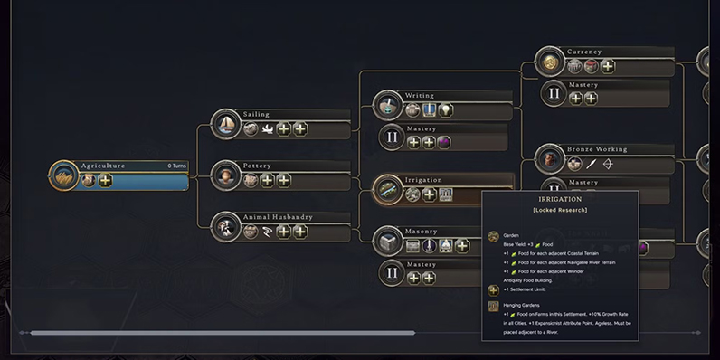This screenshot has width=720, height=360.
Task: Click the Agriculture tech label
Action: tap(103, 166)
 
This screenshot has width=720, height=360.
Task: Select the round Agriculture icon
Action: tap(63, 175)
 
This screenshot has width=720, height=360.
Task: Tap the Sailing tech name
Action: tap(257, 115)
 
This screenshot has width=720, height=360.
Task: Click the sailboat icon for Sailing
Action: tap(226, 124)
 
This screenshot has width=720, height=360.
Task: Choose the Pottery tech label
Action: tap(258, 166)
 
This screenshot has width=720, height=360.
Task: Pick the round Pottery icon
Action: tap(226, 175)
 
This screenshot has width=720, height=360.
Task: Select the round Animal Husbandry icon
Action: tap(226, 227)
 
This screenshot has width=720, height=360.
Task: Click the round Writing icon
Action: tap(388, 105)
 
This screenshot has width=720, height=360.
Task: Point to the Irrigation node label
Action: tap(423, 179)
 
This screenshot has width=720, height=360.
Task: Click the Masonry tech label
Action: tap(422, 231)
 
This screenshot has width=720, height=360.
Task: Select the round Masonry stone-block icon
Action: tap(388, 241)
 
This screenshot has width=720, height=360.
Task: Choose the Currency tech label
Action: tap(584, 52)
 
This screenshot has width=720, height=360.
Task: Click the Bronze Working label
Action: tap(597, 148)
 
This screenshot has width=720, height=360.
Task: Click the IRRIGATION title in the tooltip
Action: tap(560, 199)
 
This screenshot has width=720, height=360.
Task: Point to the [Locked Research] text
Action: tap(560, 210)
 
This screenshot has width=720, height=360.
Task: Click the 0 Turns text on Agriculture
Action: tap(176, 166)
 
